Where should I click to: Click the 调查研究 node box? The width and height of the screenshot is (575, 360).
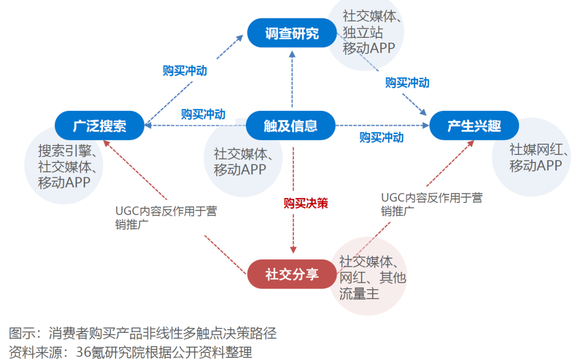(291, 34)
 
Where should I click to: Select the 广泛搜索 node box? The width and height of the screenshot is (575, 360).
(99, 126)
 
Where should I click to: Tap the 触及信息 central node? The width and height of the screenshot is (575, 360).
(291, 126)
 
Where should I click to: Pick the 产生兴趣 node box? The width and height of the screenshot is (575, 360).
(474, 126)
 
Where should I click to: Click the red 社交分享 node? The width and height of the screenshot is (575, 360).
(292, 274)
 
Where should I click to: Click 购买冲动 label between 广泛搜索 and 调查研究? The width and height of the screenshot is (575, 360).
(185, 71)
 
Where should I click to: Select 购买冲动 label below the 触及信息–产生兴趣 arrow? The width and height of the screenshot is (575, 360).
(381, 137)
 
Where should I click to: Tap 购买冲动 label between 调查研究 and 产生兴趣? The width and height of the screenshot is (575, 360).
(407, 83)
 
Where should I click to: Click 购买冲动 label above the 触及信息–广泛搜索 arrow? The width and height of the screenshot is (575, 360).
(203, 114)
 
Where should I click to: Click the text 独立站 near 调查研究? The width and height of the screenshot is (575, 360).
(363, 32)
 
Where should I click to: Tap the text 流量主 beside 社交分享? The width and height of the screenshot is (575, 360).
(359, 293)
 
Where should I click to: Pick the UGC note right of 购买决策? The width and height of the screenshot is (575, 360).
(431, 204)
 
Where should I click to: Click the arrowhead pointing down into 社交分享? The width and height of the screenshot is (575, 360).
(292, 250)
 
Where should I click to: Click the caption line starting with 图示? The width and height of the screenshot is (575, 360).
(143, 334)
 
